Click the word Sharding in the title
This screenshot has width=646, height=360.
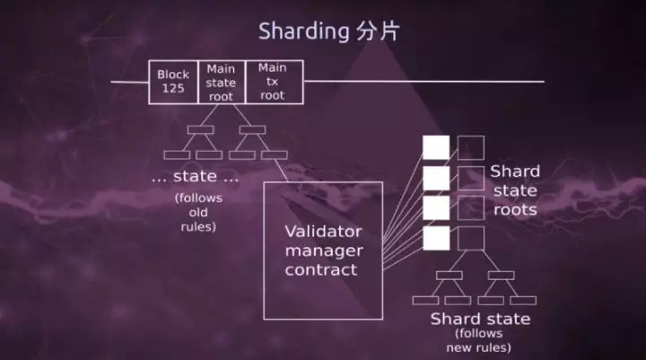302,31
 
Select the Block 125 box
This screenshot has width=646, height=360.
174,82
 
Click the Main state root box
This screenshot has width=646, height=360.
221,82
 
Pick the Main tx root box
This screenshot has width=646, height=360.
273,82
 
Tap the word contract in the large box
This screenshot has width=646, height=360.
322,269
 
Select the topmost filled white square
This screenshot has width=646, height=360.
436,147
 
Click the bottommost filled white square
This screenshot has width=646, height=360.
436,238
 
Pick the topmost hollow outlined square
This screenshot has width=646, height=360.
470,147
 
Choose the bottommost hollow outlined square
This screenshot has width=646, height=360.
470,238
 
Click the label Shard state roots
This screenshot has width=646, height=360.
515,190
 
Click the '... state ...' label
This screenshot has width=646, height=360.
196,177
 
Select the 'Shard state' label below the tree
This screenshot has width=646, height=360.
480,320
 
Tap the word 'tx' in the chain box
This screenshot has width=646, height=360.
273,82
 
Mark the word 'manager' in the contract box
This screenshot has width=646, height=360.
322,250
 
